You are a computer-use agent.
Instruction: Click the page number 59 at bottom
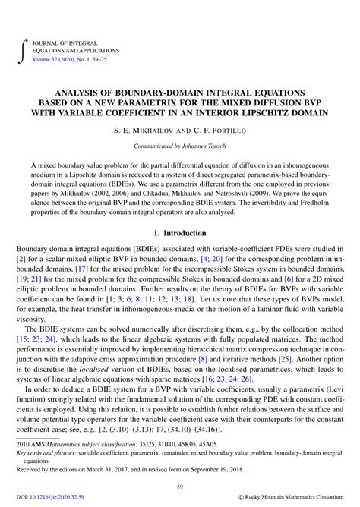(x=179, y=487)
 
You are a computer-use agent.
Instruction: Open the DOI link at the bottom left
(x=51, y=497)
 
